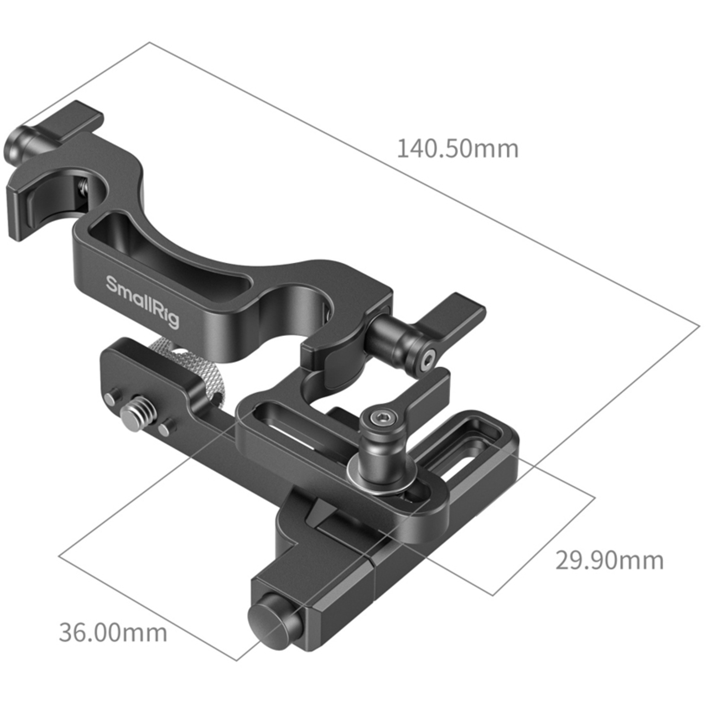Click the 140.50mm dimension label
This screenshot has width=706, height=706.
[457, 149]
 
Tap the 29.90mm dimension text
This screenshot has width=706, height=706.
[609, 560]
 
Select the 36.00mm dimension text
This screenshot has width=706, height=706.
[113, 632]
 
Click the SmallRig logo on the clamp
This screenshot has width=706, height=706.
[142, 302]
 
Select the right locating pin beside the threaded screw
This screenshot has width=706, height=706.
[164, 429]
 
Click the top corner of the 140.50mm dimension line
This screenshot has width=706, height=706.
[150, 43]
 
